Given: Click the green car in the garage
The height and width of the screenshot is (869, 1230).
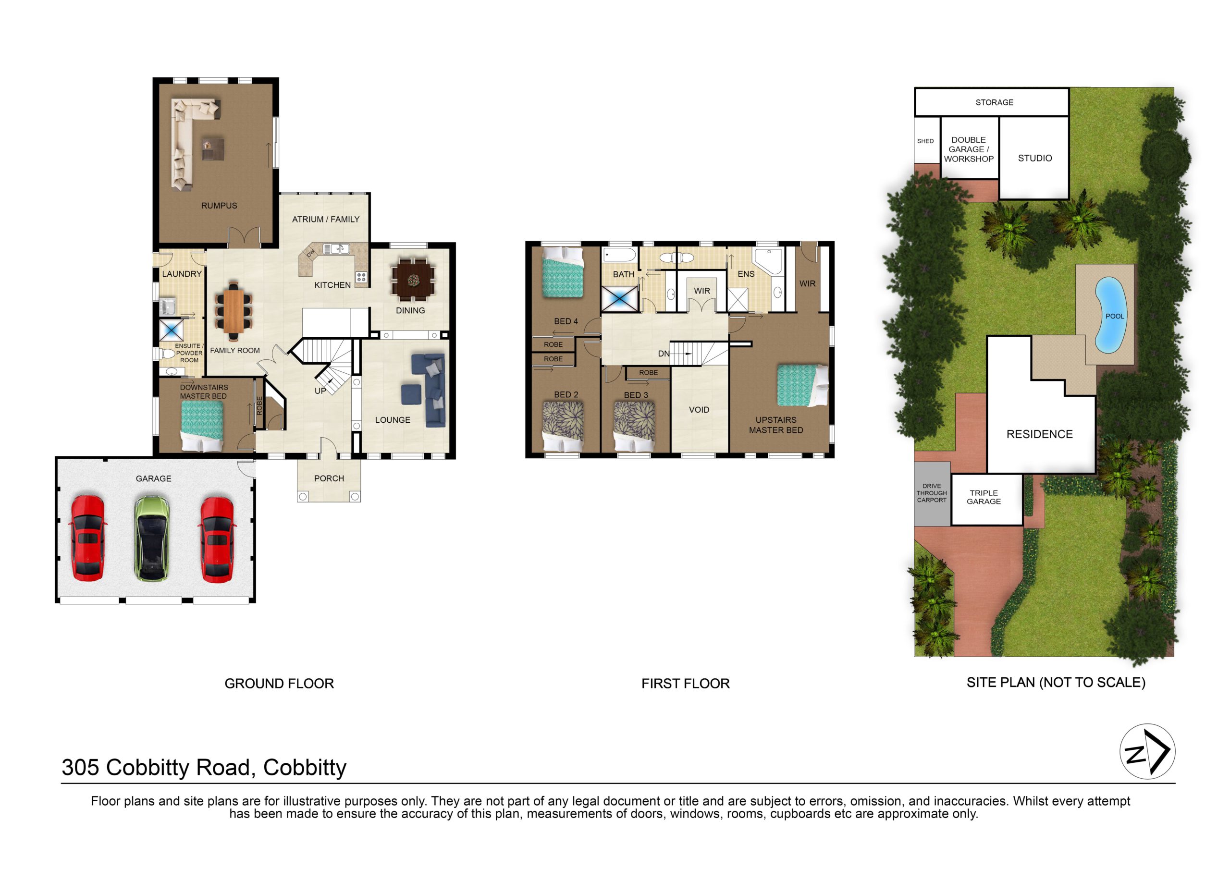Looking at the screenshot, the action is pos(152,538).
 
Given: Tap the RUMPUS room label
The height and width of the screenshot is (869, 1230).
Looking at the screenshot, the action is pos(219,206).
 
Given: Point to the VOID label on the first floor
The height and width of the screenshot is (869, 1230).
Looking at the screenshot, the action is pos(699,410).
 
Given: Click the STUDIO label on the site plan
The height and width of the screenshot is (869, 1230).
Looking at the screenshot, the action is pos(1034,158).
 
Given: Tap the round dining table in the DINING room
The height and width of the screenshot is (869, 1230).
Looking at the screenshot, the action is pos(413,279).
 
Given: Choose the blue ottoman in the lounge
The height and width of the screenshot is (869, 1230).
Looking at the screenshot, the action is pos(411,394).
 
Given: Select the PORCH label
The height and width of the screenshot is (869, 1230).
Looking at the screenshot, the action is pos(329,478).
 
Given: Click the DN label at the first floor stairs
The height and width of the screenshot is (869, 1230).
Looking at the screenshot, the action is pos(664,354).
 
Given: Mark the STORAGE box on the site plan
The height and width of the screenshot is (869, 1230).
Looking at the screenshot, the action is pos(992,102).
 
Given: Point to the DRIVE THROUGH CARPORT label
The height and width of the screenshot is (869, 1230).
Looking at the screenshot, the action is pos(932,493).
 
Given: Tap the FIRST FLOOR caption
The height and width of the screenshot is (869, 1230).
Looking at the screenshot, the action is pos(685,684).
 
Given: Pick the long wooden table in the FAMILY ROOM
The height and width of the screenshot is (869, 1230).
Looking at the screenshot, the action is pos(234,311).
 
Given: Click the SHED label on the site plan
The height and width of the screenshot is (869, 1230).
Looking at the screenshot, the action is pos(925,141).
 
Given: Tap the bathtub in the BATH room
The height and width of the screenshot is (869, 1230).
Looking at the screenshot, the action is pos(620,255).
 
